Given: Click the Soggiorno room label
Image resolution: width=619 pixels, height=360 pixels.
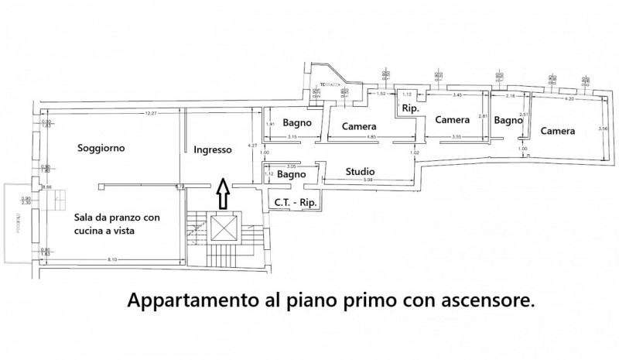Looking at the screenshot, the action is point(101,147).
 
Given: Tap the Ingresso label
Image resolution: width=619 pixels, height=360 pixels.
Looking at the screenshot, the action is point(212,150).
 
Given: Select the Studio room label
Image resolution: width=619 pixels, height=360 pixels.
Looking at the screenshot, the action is point(361,172).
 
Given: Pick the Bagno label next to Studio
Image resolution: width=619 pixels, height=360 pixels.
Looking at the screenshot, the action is point(290,176).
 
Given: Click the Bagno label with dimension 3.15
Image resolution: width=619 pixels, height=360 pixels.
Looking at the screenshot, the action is point(296,123).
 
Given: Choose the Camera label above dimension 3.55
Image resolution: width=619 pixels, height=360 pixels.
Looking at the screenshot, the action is point(452,120).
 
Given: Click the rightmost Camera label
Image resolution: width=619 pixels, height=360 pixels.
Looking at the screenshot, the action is point(557,131).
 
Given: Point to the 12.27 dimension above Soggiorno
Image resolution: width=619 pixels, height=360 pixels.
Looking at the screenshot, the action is point(150,114).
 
